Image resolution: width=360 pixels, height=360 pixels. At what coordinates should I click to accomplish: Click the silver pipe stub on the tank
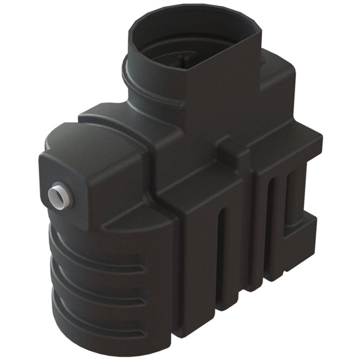[59, 197]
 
